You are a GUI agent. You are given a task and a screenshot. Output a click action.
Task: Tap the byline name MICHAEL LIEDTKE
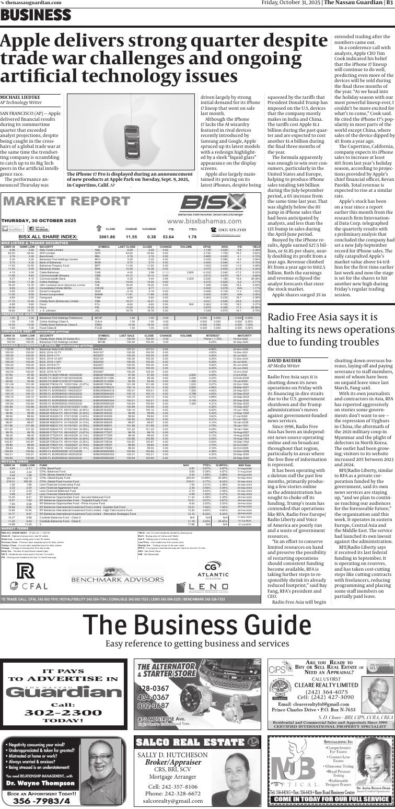20,98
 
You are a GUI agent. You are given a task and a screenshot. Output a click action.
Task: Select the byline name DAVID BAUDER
285,361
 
